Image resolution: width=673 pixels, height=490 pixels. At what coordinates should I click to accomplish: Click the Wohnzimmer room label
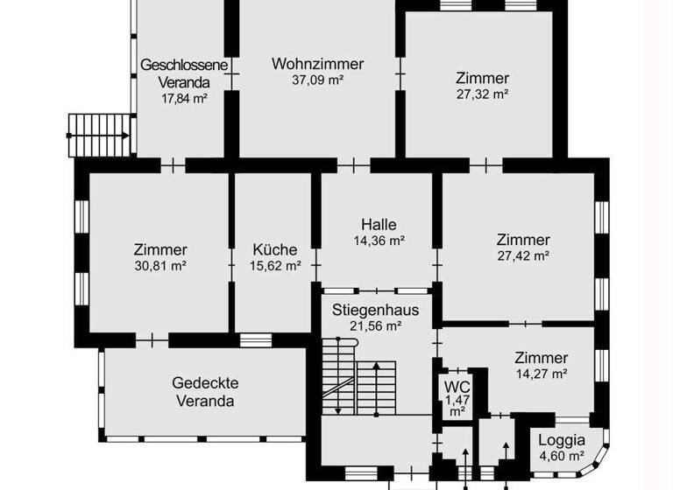point(317,64)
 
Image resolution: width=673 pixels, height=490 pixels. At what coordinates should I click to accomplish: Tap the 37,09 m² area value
point(317,80)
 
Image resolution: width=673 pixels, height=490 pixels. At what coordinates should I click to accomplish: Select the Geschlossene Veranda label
point(184,73)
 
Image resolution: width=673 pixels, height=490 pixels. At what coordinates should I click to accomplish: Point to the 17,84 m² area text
point(184,99)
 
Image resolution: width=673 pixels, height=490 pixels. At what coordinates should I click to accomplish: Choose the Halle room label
point(379,223)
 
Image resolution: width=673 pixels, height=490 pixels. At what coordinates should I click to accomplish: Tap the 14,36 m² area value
point(379,240)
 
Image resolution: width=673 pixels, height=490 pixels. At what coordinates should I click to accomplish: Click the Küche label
point(275,248)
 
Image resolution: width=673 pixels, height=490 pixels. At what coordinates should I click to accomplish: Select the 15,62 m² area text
point(275,264)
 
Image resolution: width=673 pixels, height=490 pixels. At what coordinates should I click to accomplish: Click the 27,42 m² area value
point(523,255)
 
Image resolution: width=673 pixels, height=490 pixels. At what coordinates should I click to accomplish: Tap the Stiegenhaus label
point(375,309)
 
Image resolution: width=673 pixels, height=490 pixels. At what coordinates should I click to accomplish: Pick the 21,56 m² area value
point(375,325)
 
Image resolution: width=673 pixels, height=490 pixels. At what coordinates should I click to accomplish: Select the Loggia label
point(562,440)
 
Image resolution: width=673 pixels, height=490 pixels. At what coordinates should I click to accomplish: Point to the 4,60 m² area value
point(562,456)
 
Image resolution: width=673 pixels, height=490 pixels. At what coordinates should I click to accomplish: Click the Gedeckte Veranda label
point(205,392)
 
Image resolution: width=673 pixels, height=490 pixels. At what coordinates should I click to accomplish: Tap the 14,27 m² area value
point(542,374)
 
